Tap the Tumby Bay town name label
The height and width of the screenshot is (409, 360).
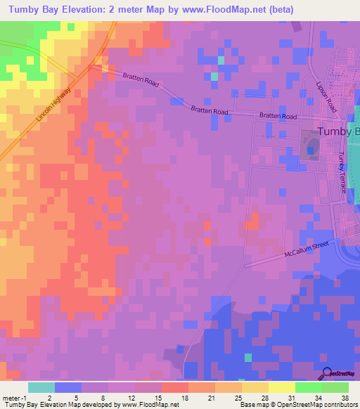tap(338, 132)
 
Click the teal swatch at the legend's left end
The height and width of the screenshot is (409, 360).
tap(41, 387)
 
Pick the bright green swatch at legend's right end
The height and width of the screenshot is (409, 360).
tap(335, 387)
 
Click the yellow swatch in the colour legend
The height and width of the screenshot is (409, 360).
tap(281, 387)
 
